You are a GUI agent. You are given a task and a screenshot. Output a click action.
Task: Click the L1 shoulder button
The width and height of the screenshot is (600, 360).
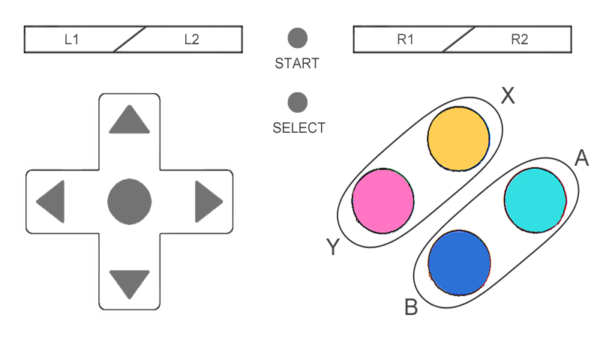point(71,40)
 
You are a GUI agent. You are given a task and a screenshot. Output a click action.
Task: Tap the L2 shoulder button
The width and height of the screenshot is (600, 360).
point(191,40)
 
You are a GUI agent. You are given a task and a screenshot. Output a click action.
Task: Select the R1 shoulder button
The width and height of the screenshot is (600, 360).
point(405,40)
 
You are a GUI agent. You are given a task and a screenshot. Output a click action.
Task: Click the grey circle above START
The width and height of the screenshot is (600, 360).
point(298,37)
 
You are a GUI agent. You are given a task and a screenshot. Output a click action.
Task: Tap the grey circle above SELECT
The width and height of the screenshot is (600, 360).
point(298,102)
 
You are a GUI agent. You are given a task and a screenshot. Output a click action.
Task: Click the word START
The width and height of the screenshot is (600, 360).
point(297,64)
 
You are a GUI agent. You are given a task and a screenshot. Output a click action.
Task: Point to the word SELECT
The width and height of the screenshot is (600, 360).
point(298,128)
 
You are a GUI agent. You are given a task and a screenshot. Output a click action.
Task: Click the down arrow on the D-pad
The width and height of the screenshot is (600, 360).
point(129,284)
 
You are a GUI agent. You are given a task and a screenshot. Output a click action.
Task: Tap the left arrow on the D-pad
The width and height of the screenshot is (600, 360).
point(51,202)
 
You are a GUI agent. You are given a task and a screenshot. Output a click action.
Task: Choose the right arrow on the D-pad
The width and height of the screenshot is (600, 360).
point(208,202)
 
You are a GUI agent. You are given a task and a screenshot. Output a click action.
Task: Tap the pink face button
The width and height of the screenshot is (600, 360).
point(383,199)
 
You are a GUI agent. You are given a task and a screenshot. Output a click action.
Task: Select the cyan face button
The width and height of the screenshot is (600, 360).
point(535,199)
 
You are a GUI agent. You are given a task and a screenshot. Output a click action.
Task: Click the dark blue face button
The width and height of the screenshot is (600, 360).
point(459,262)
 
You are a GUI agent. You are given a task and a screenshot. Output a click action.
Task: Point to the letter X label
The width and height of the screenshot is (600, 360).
point(508,95)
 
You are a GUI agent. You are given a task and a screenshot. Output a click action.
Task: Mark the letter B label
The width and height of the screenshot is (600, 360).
point(410,307)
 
